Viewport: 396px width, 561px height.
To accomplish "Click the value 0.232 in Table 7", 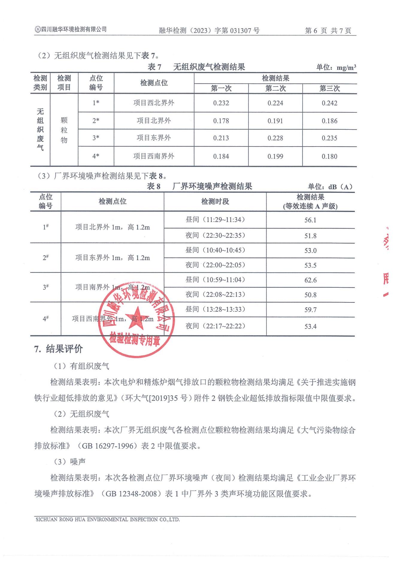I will [221, 103].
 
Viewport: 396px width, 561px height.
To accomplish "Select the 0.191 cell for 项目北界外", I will [275, 121].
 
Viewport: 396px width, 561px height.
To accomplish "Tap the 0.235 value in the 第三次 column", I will [329, 138].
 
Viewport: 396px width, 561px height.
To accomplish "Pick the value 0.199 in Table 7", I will [275, 156].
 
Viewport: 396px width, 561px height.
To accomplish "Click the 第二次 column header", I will [275, 88].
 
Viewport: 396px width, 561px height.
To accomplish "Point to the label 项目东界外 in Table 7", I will [154, 138].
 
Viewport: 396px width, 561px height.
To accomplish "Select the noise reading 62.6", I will [310, 280].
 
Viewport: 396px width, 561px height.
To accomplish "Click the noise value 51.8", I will [310, 236].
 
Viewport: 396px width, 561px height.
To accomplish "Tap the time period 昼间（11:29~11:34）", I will [215, 220].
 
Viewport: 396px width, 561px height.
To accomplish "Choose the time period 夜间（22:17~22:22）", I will [215, 326].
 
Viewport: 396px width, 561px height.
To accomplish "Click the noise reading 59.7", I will [310, 310].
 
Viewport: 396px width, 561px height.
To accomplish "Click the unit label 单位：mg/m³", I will [336, 67].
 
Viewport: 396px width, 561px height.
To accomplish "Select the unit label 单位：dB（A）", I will [330, 187].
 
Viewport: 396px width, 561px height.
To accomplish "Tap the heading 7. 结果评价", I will [58, 349].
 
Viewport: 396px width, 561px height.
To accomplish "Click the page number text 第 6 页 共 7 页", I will [328, 31].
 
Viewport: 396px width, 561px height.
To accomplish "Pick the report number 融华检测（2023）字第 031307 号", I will [209, 31].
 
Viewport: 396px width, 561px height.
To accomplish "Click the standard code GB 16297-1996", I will [107, 446].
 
